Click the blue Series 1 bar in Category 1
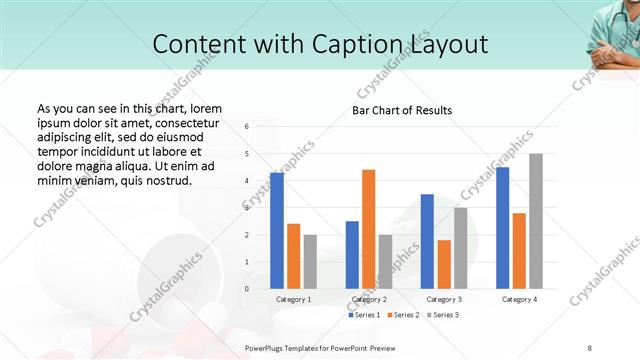coord(277,231)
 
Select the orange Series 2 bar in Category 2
coord(369,229)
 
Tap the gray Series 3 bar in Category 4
coord(536,221)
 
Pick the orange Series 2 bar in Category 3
coord(444,264)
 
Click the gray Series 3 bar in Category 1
coord(310,262)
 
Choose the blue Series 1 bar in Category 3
coord(427,241)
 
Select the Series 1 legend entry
coord(364,315)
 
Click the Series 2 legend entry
coord(403,315)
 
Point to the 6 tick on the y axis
coord(248,127)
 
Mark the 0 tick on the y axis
coord(248,289)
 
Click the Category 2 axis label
coord(369,300)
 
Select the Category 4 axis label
coord(519,300)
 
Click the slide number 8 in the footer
coord(590,347)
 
